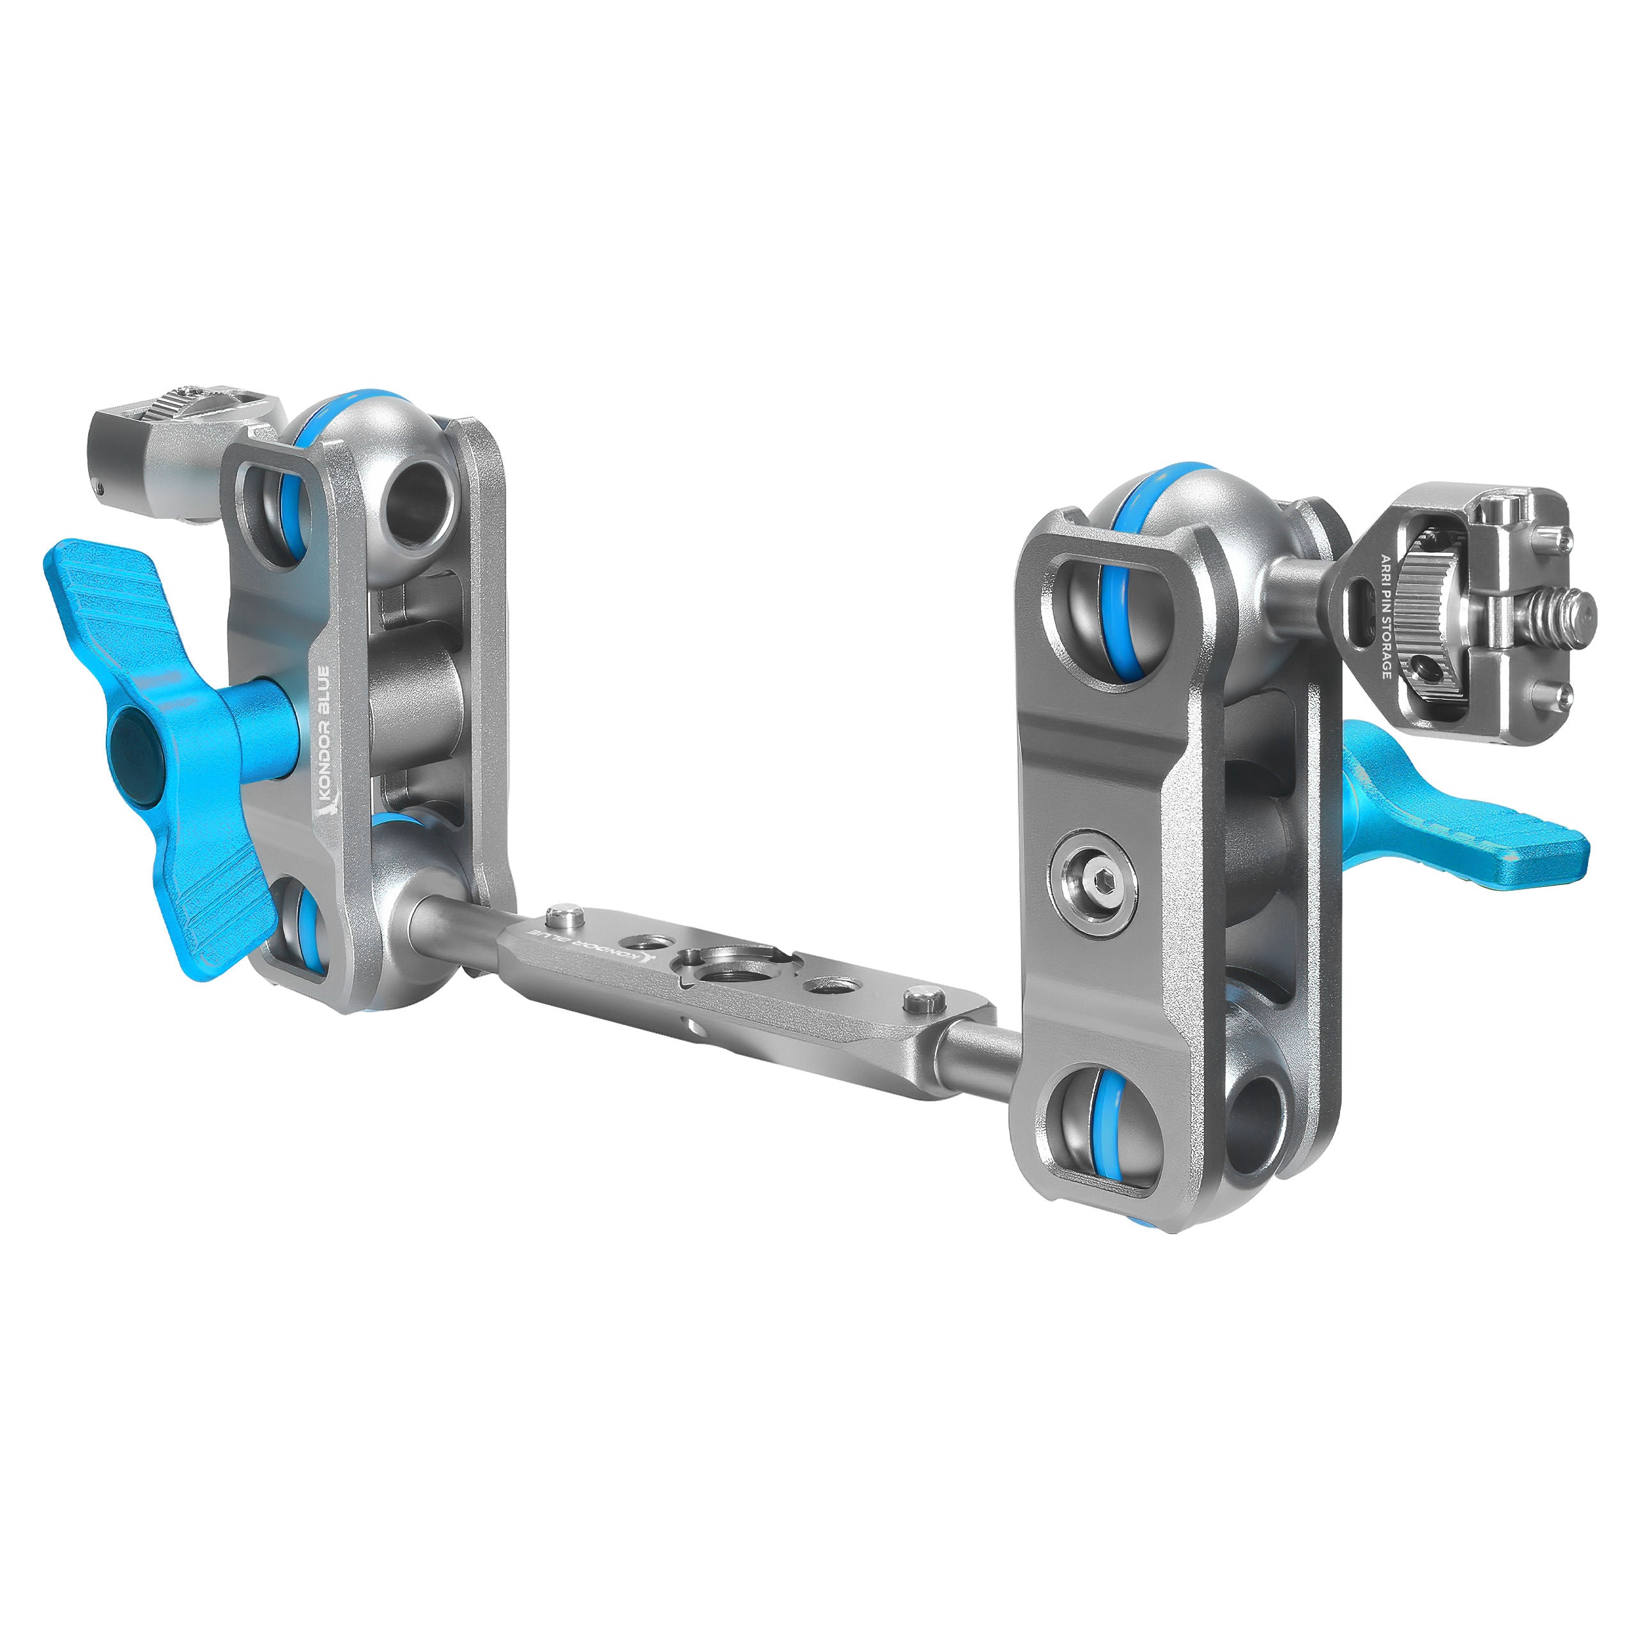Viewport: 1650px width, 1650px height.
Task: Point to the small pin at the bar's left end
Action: (564, 916)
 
